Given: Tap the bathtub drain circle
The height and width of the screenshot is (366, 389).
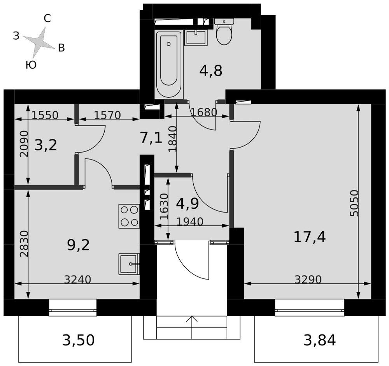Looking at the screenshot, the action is click(169, 44).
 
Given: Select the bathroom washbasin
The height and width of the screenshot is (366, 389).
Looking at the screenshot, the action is click(196, 38).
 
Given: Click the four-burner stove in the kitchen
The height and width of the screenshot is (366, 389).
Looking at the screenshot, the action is click(129, 216).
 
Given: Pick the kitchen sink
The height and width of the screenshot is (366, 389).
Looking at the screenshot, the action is click(129, 264).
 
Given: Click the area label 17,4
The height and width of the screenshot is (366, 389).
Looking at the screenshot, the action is click(309, 237).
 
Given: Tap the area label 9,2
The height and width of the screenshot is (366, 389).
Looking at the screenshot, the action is click(79, 245).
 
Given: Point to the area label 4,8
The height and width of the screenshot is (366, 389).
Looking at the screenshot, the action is click(210, 71).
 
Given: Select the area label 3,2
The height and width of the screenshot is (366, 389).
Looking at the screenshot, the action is click(46, 145).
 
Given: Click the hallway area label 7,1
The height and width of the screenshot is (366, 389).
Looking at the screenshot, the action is click(151, 138).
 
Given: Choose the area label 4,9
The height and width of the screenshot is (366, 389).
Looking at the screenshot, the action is click(187, 204).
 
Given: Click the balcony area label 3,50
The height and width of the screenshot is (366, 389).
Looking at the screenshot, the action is click(79, 340).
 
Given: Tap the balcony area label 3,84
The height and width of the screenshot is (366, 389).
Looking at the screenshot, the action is click(319, 340).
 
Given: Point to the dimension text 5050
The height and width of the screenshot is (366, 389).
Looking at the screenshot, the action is click(354, 203).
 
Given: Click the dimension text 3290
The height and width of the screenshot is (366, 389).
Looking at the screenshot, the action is click(308, 280).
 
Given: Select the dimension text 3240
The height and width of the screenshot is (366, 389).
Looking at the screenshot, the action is click(78, 280).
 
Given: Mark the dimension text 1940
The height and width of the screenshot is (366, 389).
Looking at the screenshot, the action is click(190, 222).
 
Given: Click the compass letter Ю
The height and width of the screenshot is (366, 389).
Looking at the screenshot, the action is click(31, 65).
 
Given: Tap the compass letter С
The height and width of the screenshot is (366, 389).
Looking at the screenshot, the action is click(47, 18).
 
